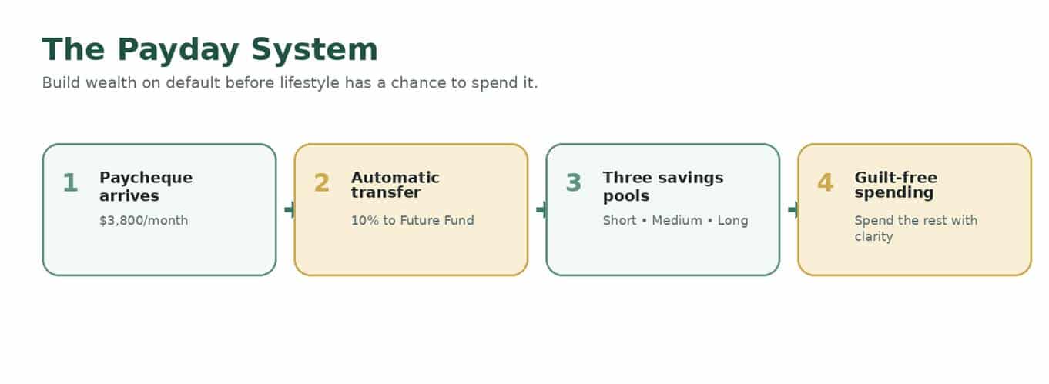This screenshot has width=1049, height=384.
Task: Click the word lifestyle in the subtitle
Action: point(310,83)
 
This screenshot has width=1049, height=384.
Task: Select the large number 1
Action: point(70,182)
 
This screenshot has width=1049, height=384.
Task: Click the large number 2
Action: point(322,182)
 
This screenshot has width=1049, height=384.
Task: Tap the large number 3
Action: point(574,182)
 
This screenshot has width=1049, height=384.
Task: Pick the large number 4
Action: point(825,182)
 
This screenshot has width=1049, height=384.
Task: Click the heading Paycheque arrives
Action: point(146,187)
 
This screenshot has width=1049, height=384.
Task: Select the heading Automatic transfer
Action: point(395,185)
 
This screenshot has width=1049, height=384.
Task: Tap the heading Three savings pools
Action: point(663,187)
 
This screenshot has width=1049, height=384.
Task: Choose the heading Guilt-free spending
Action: point(896,185)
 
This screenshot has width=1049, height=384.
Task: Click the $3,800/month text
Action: point(144,221)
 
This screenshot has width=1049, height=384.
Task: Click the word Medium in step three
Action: point(677,220)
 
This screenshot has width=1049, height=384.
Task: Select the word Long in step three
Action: point(733,221)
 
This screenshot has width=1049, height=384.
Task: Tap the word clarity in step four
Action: point(874,237)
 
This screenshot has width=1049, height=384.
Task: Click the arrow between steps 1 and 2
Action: point(290,209)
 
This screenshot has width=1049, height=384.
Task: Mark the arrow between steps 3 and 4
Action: point(793,209)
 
